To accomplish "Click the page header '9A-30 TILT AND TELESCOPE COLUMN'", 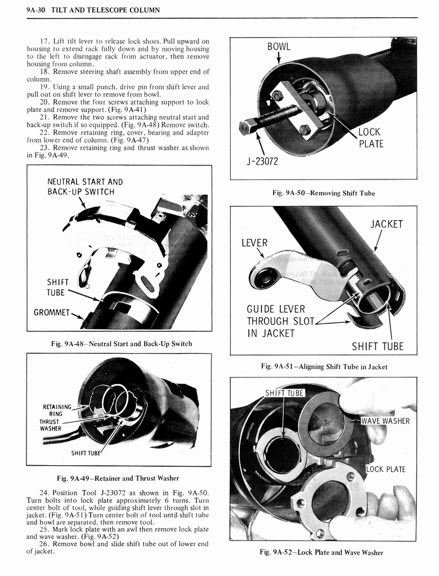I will (x=93, y=10).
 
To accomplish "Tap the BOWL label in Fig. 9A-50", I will (x=279, y=46).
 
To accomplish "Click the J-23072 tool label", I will (x=262, y=163).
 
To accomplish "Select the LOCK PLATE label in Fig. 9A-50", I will (x=370, y=138).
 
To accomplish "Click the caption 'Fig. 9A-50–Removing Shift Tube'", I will (x=323, y=193).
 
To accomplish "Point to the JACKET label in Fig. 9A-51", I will (x=387, y=224).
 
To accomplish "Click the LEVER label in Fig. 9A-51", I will (x=254, y=243).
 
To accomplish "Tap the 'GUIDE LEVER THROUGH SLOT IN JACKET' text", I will (x=276, y=321).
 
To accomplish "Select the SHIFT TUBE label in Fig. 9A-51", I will (x=378, y=346).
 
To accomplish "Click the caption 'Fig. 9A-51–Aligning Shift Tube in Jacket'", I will (x=324, y=367).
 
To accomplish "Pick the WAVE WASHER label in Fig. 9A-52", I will (x=385, y=421).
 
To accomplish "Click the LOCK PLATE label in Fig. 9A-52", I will (x=386, y=469).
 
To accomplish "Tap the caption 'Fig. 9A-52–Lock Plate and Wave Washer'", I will (x=321, y=552).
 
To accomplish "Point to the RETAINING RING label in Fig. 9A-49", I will (x=57, y=410).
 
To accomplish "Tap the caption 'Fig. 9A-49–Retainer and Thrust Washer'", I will (x=118, y=479).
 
